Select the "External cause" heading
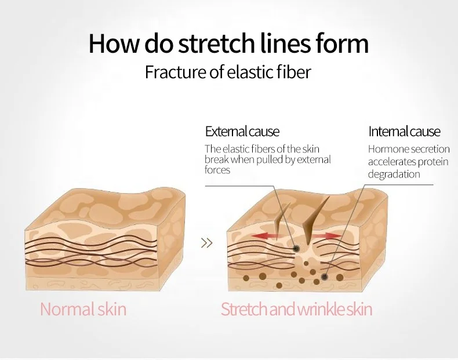click(242, 132)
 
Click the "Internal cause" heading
click(404, 132)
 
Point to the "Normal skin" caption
click(83, 308)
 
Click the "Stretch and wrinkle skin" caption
click(296, 308)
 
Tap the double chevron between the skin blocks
click(206, 242)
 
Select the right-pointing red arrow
click(331, 236)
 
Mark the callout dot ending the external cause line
click(296, 248)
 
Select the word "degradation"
click(394, 174)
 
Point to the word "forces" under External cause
click(217, 170)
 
